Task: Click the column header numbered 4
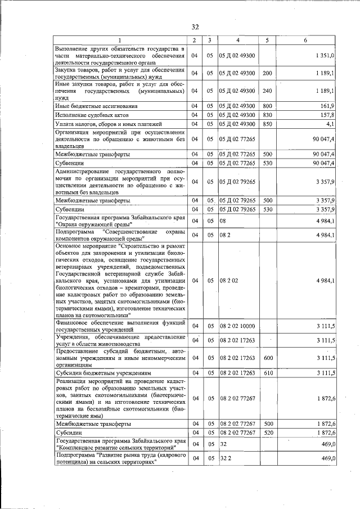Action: point(237,40)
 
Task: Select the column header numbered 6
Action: point(305,40)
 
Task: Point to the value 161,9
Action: point(328,106)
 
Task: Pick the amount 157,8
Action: point(328,115)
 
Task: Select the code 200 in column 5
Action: point(267,73)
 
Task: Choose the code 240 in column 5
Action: point(267,90)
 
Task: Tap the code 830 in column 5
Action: point(267,115)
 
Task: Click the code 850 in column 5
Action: point(267,124)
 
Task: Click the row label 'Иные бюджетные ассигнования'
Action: point(96,106)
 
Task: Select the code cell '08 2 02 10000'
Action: point(237,326)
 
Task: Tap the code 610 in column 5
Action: point(268,373)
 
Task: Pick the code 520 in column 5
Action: point(268,433)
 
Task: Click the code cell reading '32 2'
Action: point(226,459)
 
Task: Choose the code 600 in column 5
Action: point(268,358)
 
